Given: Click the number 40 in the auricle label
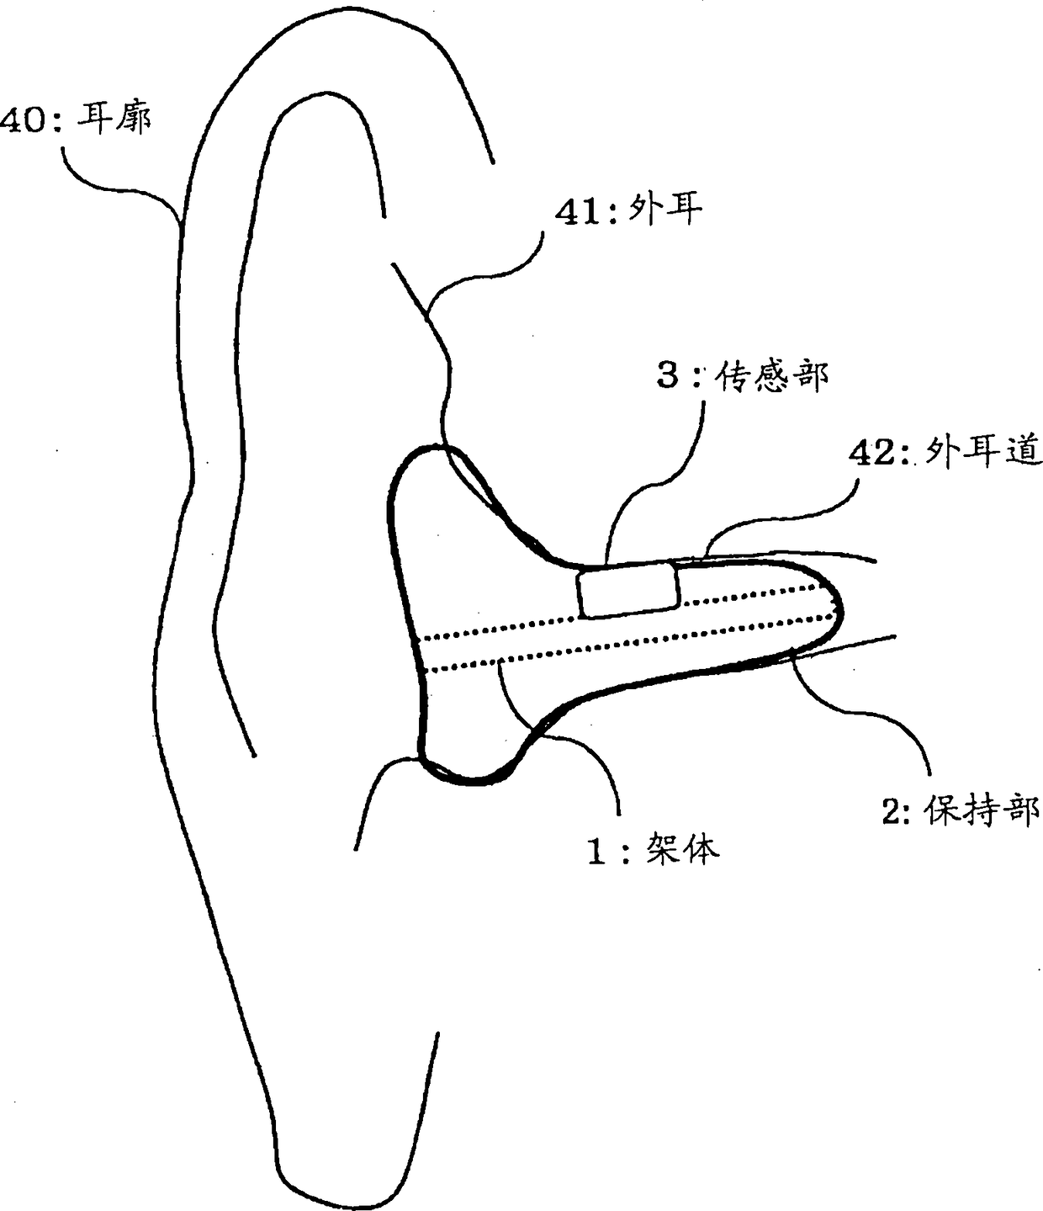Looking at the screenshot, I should tap(24, 120).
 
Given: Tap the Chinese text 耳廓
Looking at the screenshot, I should tap(114, 118).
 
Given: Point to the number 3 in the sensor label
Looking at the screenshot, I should tap(668, 376).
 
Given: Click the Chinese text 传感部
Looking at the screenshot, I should tap(770, 376).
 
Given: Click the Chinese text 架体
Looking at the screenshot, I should tap(683, 850).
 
